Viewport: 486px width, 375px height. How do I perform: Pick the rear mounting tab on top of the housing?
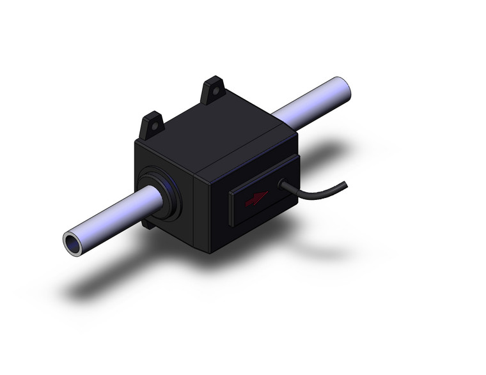pos(213,91)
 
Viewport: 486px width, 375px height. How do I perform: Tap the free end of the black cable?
pos(345,185)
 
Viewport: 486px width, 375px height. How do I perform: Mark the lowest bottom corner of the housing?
pos(210,252)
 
